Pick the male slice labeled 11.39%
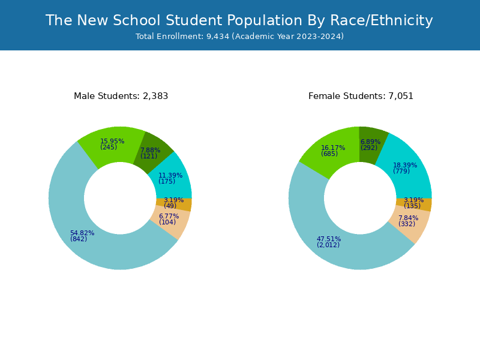click(x=172, y=178)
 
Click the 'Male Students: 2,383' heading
click(x=121, y=96)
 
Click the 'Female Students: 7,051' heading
click(x=361, y=96)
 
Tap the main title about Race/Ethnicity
click(x=239, y=20)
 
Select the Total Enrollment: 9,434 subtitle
click(x=239, y=37)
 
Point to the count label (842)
click(x=79, y=239)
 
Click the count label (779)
click(x=401, y=172)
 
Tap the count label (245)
click(x=109, y=148)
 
